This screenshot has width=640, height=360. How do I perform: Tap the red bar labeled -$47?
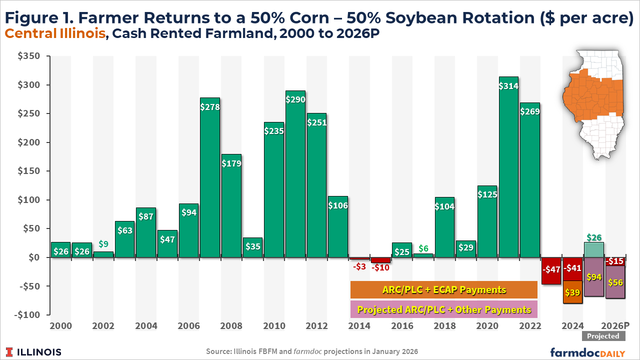point(551,270)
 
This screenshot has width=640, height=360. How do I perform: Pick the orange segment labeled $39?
point(572,292)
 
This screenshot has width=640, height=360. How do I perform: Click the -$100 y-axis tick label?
point(27,315)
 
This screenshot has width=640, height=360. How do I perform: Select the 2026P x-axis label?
point(615,326)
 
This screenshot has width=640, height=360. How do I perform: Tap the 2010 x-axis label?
point(274,326)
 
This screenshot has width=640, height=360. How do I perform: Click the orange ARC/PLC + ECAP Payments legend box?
point(444,290)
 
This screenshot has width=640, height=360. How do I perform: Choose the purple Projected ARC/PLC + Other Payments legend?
point(444,309)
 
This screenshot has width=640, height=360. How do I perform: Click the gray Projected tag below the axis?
point(603,336)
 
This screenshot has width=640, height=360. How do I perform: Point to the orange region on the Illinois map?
point(592,100)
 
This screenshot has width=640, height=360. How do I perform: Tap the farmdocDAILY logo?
point(588,352)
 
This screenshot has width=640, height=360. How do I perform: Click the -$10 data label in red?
point(380,268)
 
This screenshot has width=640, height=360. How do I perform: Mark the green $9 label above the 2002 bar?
point(103,244)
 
